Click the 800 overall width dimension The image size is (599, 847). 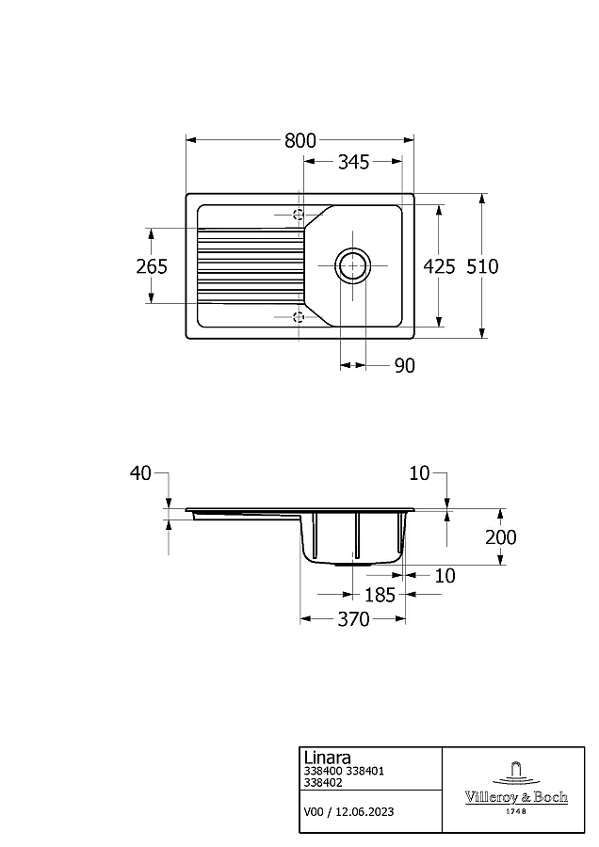click(300, 140)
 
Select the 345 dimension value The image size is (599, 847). click(353, 162)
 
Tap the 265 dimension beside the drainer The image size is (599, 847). click(152, 265)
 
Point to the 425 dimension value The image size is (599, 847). click(439, 265)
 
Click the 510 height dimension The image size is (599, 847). click(482, 265)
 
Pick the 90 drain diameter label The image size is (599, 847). click(404, 366)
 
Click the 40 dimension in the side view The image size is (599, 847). click(140, 473)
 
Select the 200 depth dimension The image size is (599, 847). click(501, 537)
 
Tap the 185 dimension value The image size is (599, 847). click(380, 595)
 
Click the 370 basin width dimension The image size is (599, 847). click(353, 619)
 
